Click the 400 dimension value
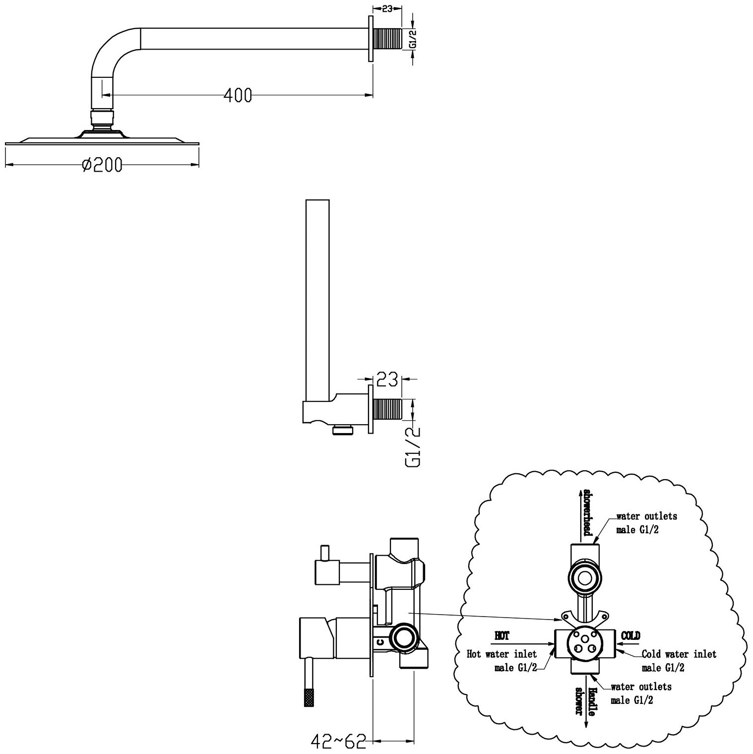tap(238, 95)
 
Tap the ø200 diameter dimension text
tap(102, 165)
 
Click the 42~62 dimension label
tap(338, 742)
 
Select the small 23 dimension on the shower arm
tap(387, 8)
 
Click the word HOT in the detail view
tap(502, 635)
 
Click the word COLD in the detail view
tap(630, 635)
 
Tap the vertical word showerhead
tap(586, 512)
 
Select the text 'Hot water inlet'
tap(502, 654)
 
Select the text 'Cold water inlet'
tap(679, 654)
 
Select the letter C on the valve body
tap(380, 641)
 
